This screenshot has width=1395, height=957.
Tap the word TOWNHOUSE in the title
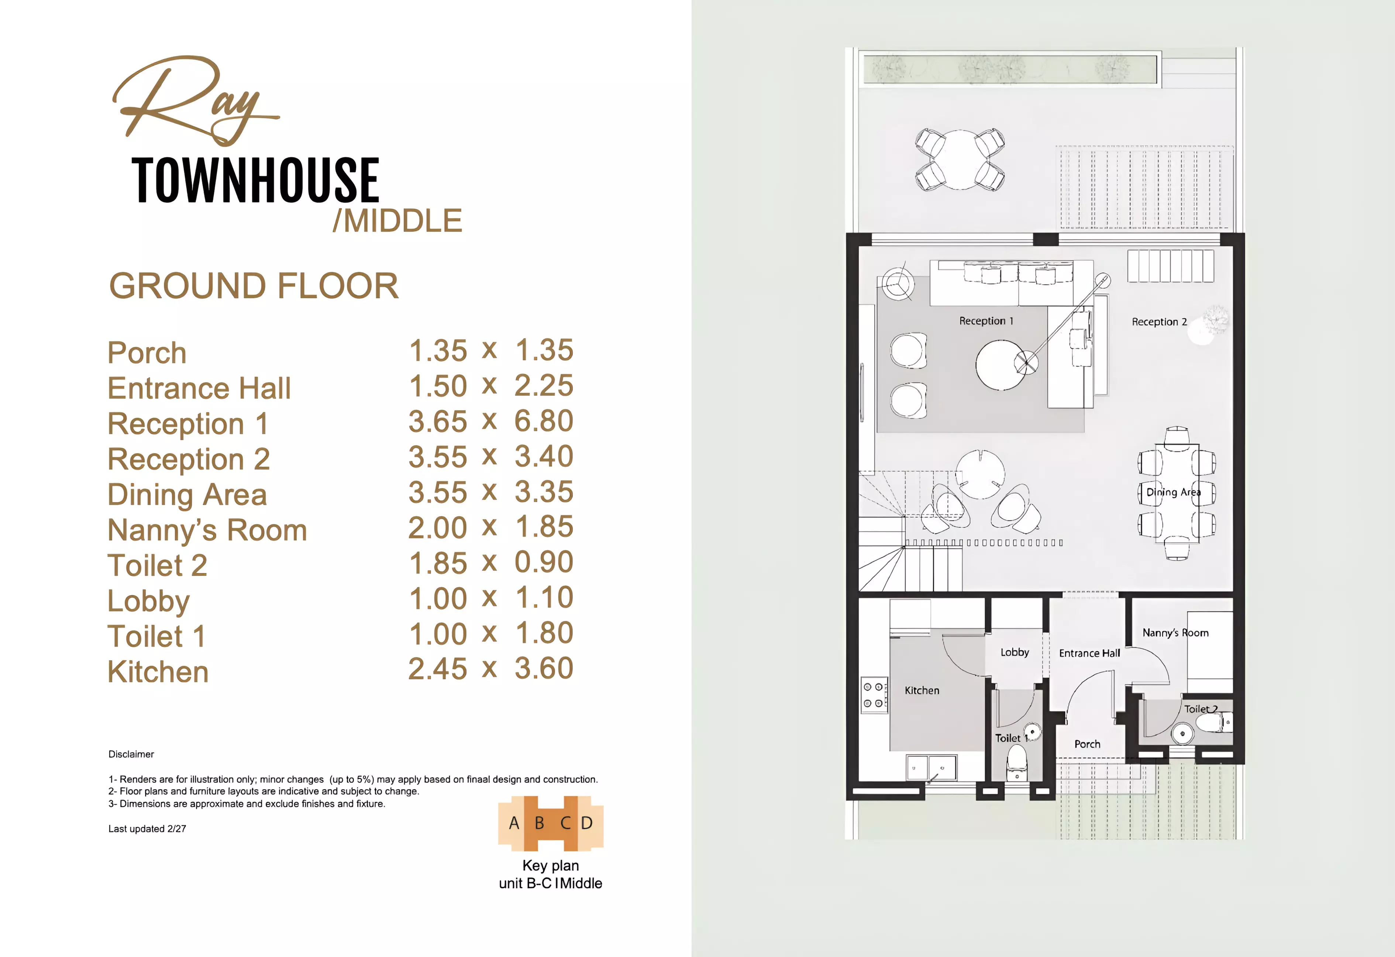pyautogui.click(x=255, y=180)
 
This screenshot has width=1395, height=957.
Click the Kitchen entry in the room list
pyautogui.click(x=158, y=672)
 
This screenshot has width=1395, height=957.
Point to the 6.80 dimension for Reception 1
pyautogui.click(x=544, y=421)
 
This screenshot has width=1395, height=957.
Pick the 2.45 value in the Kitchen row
pyautogui.click(x=438, y=669)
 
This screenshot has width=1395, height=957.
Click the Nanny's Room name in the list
pyautogui.click(x=207, y=530)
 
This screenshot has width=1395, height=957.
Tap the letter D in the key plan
pyautogui.click(x=586, y=823)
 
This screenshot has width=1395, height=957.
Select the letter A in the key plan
pyautogui.click(x=514, y=823)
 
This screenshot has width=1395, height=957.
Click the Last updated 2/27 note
pyautogui.click(x=147, y=829)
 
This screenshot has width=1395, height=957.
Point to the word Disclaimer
pyautogui.click(x=131, y=754)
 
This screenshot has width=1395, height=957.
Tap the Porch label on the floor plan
pyautogui.click(x=1087, y=744)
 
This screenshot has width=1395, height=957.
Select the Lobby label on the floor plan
pyautogui.click(x=1015, y=652)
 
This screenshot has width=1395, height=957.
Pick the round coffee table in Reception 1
pyautogui.click(x=1000, y=364)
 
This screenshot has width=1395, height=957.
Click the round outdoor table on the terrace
pyautogui.click(x=960, y=160)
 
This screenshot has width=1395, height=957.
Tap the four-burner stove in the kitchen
pyautogui.click(x=874, y=694)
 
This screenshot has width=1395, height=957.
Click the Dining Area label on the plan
pyautogui.click(x=1174, y=492)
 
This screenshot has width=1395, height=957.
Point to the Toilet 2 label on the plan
pyautogui.click(x=1201, y=709)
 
